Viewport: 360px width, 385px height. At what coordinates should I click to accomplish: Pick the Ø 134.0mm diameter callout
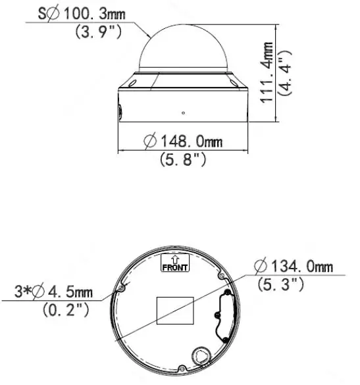pos(294,267)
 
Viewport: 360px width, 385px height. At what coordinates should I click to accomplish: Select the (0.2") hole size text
pos(65,308)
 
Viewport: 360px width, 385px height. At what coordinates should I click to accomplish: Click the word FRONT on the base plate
pos(175,267)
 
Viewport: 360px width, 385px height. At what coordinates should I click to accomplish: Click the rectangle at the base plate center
pos(174,309)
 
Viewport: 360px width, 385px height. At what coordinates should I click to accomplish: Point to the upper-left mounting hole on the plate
pos(121,288)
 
